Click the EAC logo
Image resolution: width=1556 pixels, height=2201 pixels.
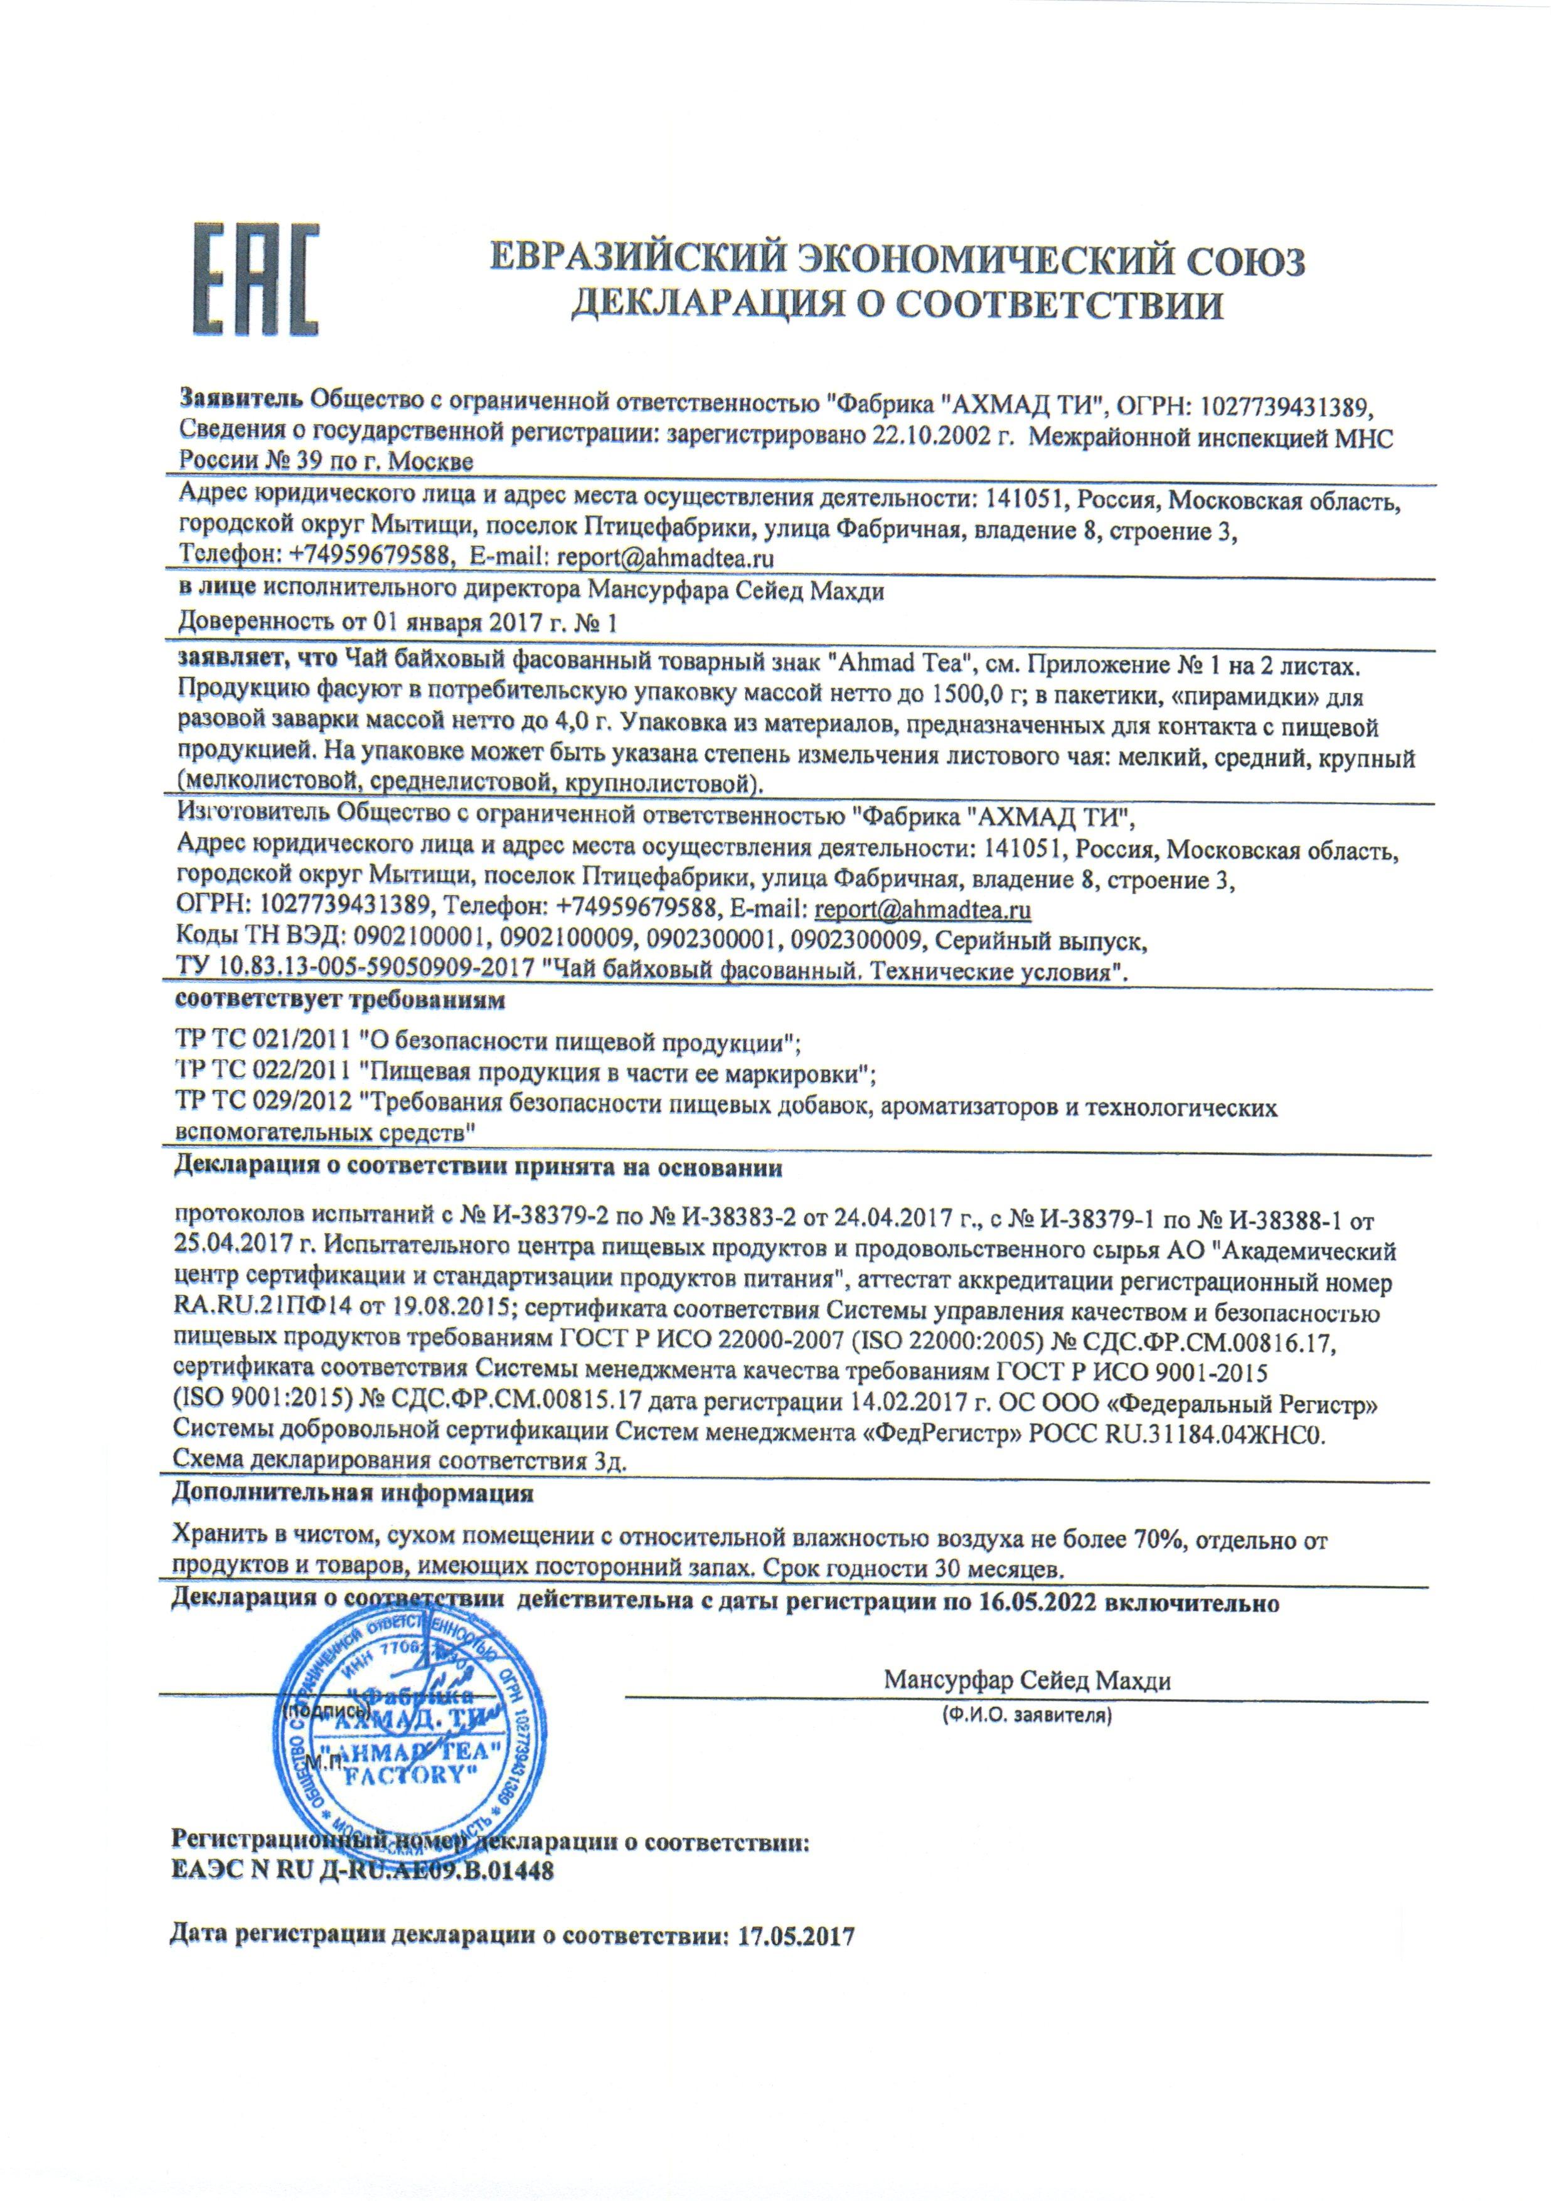click(257, 280)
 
